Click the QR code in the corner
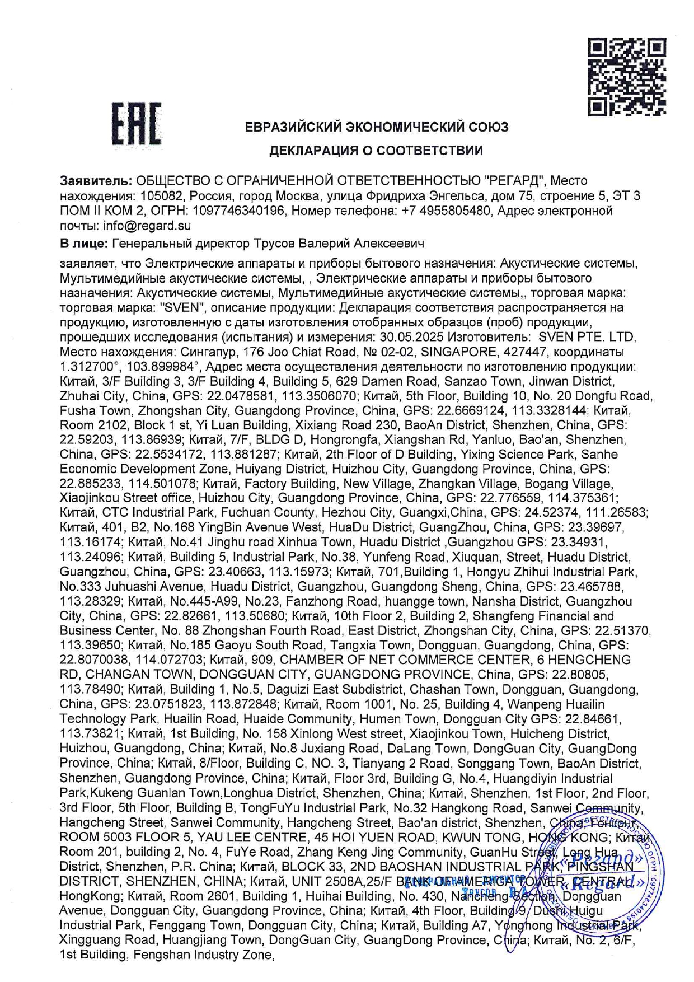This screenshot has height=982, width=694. [626, 77]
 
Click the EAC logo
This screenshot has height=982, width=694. [137, 124]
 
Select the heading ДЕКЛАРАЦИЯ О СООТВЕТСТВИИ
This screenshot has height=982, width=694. [376, 151]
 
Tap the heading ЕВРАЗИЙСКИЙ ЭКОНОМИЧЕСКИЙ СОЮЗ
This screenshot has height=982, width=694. [376, 127]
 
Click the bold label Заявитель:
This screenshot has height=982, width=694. [96, 181]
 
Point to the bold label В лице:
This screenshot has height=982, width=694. [84, 244]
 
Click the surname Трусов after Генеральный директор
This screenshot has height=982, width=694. [274, 244]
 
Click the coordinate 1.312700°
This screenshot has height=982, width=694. [90, 367]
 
